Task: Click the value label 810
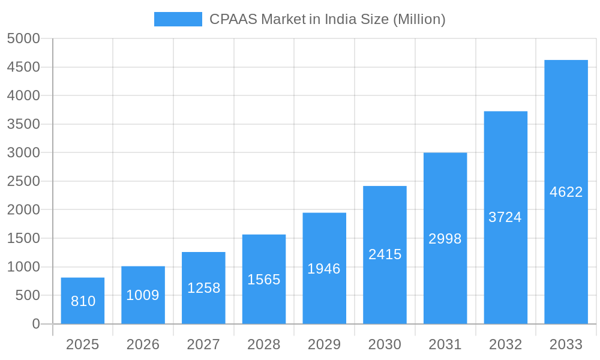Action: [x=83, y=301]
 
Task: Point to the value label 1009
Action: [x=143, y=295]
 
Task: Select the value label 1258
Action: [x=203, y=288]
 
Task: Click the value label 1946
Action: [x=324, y=269]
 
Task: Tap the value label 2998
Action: [x=445, y=239]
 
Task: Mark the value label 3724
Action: [x=505, y=217]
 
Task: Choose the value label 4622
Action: [x=566, y=192]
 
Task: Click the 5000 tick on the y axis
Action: [x=23, y=38]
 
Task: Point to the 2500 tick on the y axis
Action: [x=23, y=181]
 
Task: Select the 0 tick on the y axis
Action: [x=35, y=324]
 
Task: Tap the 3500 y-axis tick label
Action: [x=23, y=124]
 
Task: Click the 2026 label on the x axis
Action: [x=143, y=344]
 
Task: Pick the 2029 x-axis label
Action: [x=324, y=344]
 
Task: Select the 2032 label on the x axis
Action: [x=505, y=344]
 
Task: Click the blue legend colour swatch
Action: [x=178, y=19]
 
